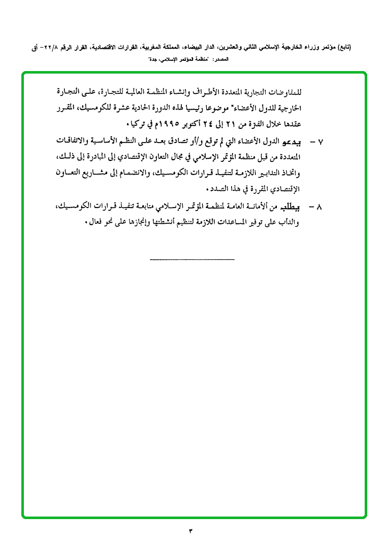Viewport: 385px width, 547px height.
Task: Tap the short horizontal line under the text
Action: click(192, 260)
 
